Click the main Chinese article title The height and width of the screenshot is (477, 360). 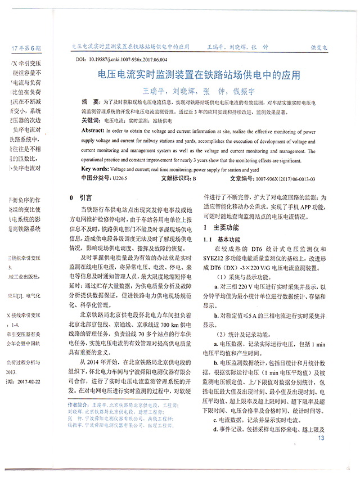199,75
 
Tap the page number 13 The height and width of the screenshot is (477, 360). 321,439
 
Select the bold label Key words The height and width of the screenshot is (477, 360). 95,169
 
